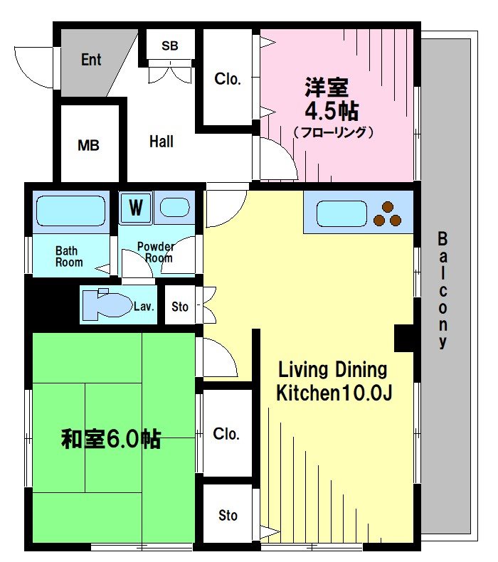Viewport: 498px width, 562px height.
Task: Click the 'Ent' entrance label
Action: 91,60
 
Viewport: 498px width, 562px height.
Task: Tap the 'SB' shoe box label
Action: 169,46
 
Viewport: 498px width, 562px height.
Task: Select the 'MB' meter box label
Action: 88,146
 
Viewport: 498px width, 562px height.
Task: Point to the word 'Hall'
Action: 161,142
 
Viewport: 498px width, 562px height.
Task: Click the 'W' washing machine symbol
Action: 135,208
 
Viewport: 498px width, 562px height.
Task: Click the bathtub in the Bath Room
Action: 70,211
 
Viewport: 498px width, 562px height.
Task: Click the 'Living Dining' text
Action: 332,369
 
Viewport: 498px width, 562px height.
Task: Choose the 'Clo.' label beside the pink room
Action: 228,79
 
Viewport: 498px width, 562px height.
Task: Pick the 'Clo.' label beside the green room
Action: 226,434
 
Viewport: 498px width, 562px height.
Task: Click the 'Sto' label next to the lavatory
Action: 180,307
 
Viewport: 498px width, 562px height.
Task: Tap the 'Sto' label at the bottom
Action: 228,515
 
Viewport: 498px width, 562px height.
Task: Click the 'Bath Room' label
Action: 69,256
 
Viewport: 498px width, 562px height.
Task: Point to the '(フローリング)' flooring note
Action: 333,132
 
